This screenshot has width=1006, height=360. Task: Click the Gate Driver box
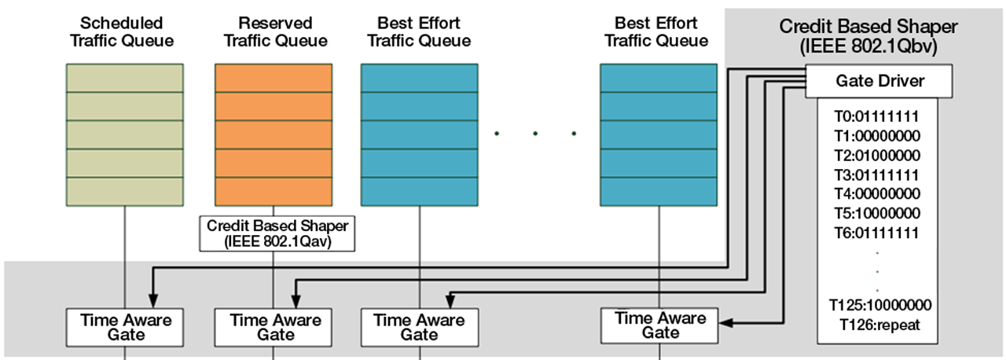[x=879, y=81]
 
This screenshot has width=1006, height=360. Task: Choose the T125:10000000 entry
[x=878, y=305]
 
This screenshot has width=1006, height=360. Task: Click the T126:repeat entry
[x=878, y=324]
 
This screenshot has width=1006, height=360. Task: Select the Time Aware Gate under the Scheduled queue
[x=125, y=327]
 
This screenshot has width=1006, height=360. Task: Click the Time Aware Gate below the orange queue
[x=274, y=327]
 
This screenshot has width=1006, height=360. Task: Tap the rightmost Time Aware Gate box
[x=659, y=325]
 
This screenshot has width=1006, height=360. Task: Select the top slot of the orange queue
[x=274, y=78]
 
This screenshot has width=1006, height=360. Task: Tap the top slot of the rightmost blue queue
[x=659, y=78]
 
